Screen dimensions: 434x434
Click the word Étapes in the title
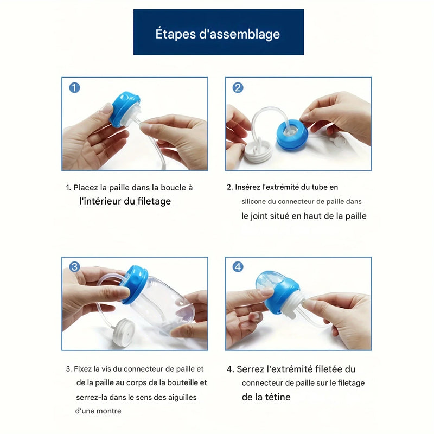[175, 34]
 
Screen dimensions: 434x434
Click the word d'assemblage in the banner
[239, 34]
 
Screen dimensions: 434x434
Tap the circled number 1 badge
[74, 87]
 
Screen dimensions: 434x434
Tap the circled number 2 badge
[238, 87]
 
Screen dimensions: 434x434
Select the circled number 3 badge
[74, 267]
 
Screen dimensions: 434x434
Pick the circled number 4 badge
[238, 267]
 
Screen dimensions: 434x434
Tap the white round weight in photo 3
[124, 332]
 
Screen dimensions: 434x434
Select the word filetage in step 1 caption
[154, 201]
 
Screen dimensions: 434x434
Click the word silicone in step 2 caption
[253, 201]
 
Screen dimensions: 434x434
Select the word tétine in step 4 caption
[278, 397]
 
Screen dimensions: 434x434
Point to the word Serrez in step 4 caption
[250, 369]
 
